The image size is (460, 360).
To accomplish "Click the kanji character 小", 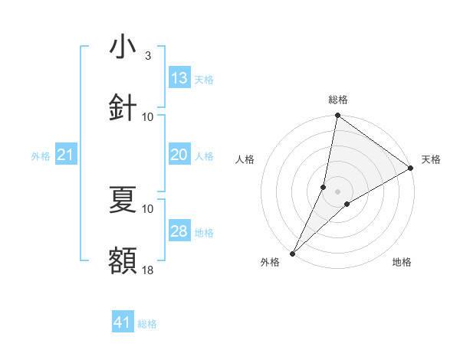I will pyautogui.click(x=123, y=48).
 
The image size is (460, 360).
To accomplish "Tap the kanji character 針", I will pyautogui.click(x=123, y=108).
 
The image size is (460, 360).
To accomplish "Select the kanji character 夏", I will pyautogui.click(x=123, y=200).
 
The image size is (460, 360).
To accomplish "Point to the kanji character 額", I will pyautogui.click(x=123, y=260).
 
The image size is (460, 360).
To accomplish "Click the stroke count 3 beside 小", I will pyautogui.click(x=148, y=56).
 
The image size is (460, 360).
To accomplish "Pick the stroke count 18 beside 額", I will pyautogui.click(x=148, y=270).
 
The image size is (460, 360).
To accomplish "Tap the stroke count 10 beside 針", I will pyautogui.click(x=148, y=116).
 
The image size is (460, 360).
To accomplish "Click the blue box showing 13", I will pyautogui.click(x=179, y=78).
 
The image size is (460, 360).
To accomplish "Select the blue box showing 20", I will pyautogui.click(x=179, y=155).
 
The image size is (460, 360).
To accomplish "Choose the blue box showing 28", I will pyautogui.click(x=179, y=231).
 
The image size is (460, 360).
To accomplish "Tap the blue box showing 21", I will pyautogui.click(x=65, y=155).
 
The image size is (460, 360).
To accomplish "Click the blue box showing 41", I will pyautogui.click(x=123, y=322).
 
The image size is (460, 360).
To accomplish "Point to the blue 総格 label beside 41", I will pyautogui.click(x=147, y=324).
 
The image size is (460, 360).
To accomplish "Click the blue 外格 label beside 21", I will pyautogui.click(x=41, y=156).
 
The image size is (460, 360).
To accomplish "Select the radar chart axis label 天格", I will pyautogui.click(x=431, y=159).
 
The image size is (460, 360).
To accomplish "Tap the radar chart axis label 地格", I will pyautogui.click(x=402, y=262).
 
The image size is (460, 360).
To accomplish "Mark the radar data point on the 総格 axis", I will pyautogui.click(x=337, y=116).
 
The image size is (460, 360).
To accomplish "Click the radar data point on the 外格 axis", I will pyautogui.click(x=292, y=253).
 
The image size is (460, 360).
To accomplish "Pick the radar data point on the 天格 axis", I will pyautogui.click(x=410, y=168).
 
